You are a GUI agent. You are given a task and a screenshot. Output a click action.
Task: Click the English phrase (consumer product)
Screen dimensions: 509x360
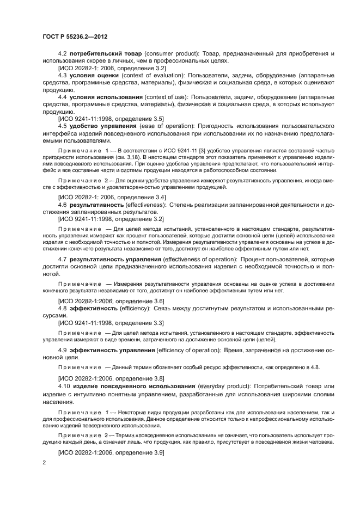tap(172, 53)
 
